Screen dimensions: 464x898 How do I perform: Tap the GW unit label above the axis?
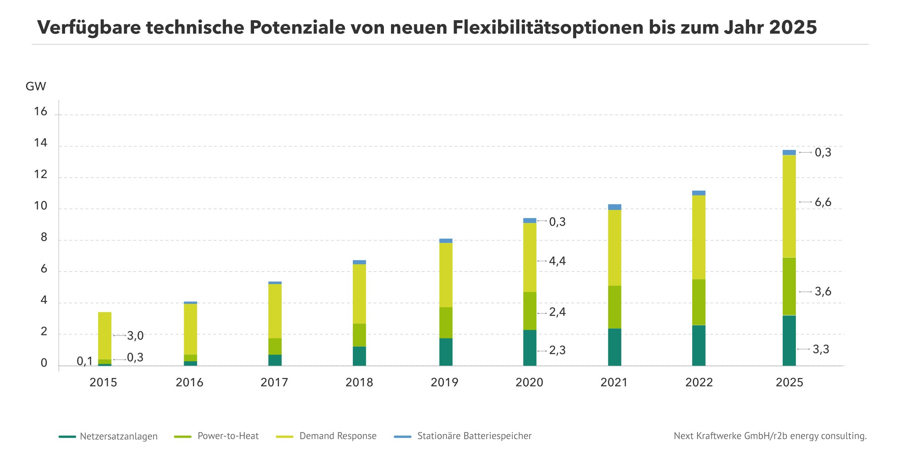point(36,86)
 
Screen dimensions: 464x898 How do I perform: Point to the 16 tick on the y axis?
point(40,111)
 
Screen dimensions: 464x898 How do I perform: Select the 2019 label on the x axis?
point(444,382)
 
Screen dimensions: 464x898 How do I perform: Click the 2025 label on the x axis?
point(789,382)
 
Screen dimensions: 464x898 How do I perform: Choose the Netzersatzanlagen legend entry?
point(118,436)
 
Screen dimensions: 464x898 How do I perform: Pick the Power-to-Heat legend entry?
point(228,436)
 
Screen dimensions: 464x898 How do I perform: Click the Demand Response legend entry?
point(337,436)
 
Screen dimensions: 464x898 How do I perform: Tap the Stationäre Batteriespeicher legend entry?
point(474,436)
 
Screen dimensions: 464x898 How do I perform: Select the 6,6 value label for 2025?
point(823,202)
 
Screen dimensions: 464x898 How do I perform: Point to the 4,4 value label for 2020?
point(557,261)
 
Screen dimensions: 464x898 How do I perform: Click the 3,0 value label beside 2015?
point(135,336)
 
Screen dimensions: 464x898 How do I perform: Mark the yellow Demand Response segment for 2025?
point(789,206)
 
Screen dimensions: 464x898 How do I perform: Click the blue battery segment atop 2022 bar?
point(699,193)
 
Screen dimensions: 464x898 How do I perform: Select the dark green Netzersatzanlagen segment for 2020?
point(529,348)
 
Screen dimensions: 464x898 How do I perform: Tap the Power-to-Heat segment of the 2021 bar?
point(614,307)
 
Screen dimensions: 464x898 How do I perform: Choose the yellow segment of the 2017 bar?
point(275,311)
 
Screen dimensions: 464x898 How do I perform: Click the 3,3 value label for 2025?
point(821,349)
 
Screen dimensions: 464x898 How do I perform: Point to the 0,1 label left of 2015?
point(85,361)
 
